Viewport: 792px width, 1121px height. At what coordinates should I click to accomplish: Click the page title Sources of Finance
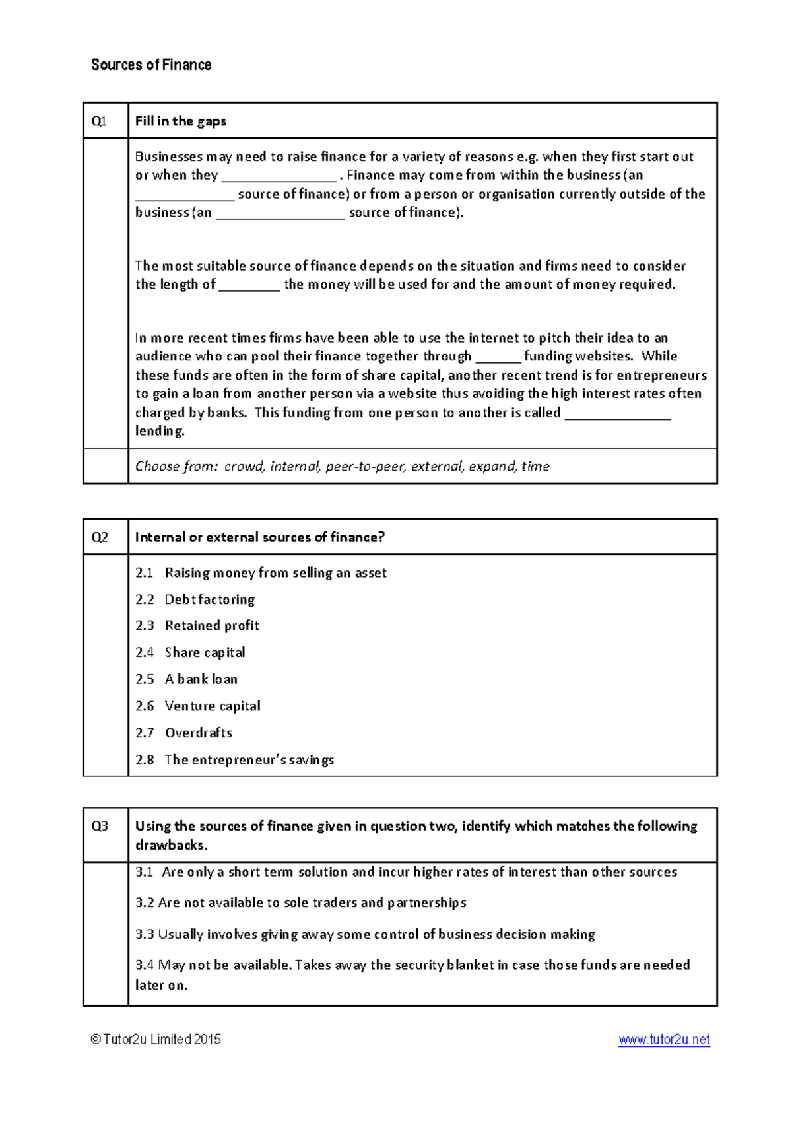151,65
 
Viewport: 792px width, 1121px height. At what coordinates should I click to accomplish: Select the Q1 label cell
100,121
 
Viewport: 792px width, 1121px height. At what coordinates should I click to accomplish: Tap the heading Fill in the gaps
180,121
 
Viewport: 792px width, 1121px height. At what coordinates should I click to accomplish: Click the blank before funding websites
498,357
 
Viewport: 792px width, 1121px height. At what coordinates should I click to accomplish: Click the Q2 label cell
100,537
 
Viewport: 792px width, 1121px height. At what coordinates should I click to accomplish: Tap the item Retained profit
212,626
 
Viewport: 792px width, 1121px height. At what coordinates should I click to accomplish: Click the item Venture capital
213,706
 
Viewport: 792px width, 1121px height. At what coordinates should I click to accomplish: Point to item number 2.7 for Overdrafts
145,733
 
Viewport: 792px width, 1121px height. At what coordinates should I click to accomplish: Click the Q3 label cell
100,827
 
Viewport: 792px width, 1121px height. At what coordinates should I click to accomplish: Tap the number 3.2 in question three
145,903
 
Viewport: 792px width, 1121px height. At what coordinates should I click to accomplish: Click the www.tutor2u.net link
664,1040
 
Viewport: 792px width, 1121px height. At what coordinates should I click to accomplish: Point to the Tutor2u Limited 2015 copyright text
156,1040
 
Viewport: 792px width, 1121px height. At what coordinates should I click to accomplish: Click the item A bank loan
201,679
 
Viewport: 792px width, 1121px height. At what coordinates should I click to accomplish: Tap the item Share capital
205,652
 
